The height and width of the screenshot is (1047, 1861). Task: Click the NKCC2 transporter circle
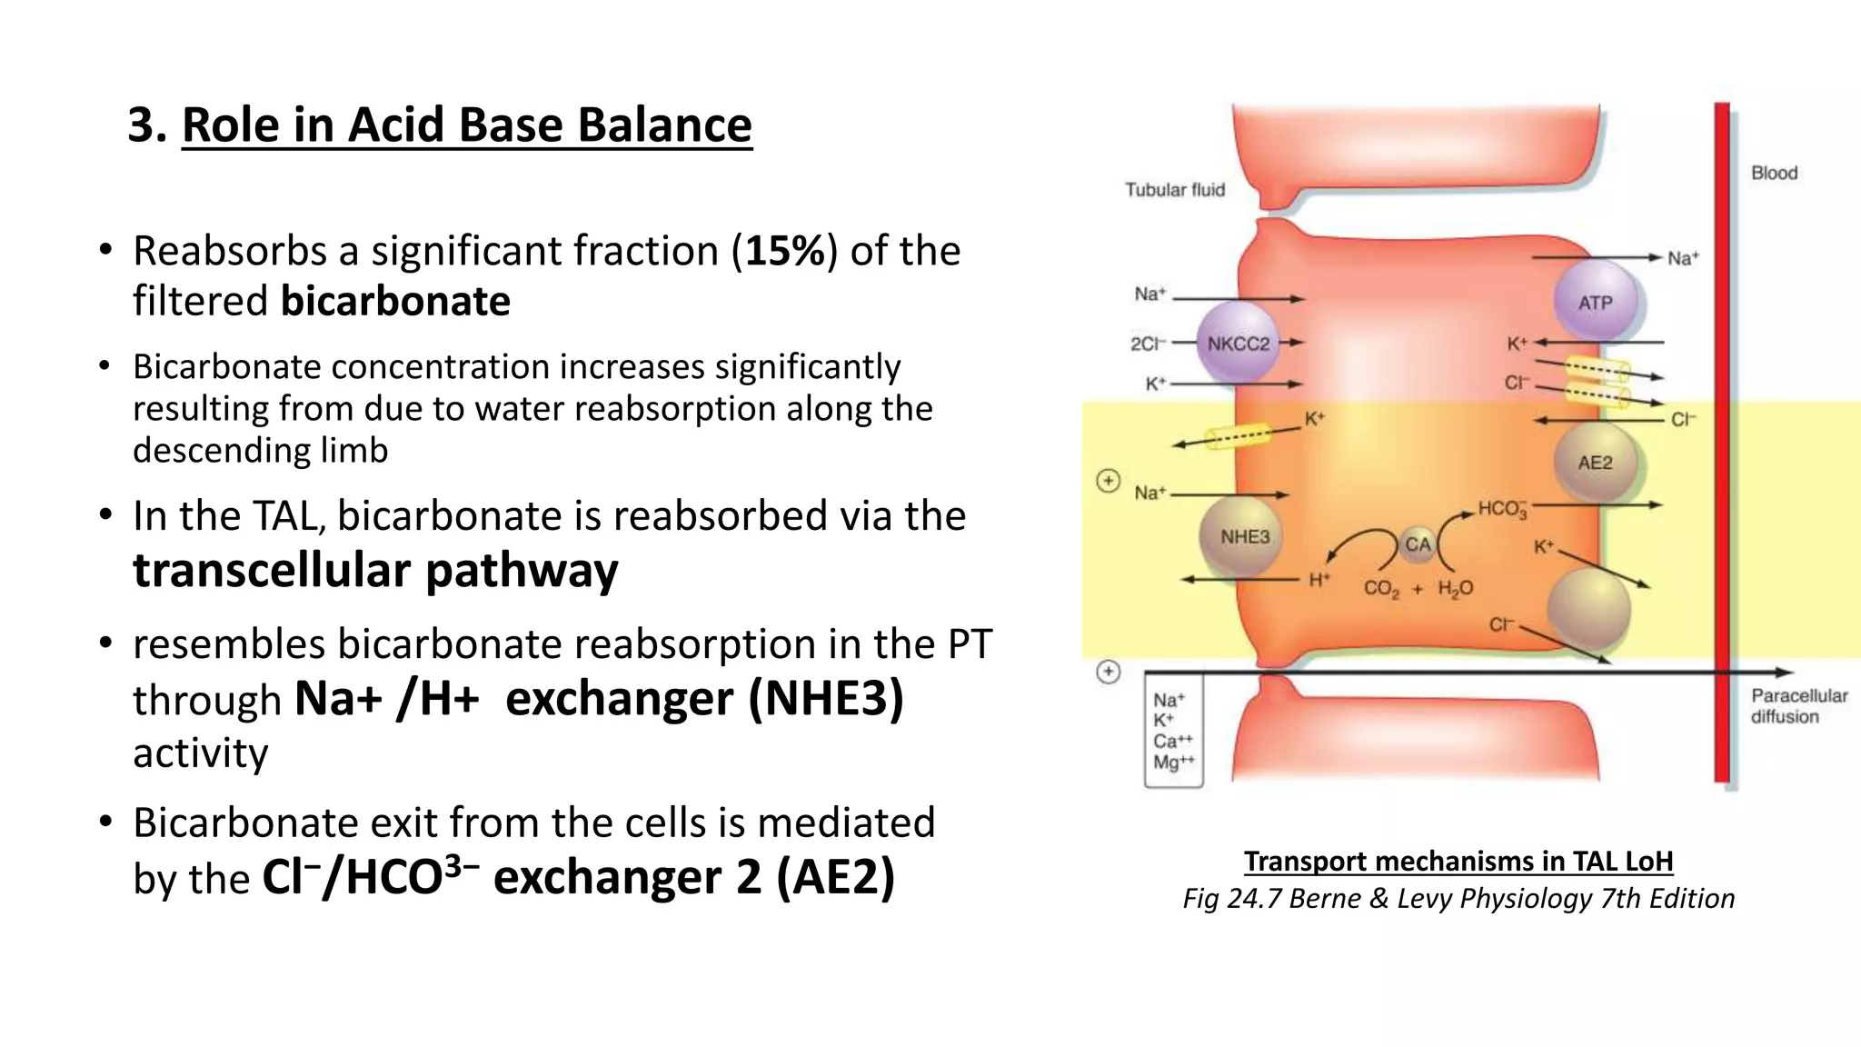[1238, 344]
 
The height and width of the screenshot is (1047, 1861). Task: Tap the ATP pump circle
[1595, 303]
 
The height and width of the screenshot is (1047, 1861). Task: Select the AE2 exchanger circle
[1595, 463]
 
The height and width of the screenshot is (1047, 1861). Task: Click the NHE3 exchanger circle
[1244, 537]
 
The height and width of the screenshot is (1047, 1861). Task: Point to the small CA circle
[1417, 544]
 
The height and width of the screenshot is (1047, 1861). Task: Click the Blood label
[1774, 173]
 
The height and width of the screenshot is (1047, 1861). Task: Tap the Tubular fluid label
[1174, 190]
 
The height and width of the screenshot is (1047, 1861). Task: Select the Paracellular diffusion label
[1798, 706]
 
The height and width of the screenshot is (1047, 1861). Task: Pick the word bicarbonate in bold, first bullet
[395, 301]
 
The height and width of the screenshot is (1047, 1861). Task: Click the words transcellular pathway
[375, 571]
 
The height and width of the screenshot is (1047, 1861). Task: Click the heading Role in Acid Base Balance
[466, 125]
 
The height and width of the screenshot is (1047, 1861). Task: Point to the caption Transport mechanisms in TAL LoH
[1458, 861]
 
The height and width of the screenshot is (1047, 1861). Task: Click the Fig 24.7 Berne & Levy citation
[1458, 898]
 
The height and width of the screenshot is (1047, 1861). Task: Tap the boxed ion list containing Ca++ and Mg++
[1173, 730]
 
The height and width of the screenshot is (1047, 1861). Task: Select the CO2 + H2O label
[1418, 589]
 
